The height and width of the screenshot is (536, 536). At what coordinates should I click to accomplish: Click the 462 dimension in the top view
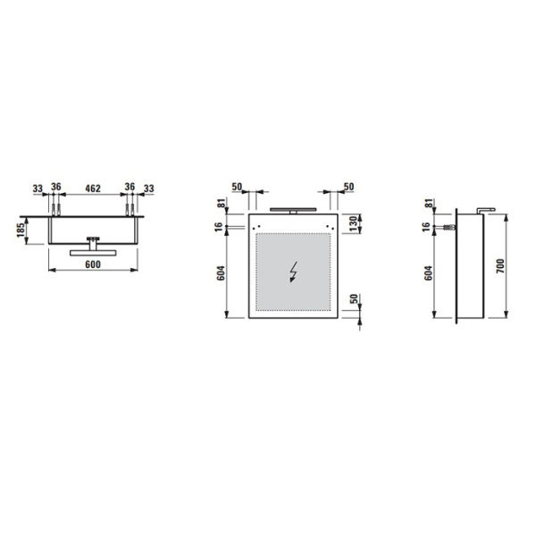point(93,188)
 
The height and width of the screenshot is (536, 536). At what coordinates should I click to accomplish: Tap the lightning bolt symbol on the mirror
point(294,271)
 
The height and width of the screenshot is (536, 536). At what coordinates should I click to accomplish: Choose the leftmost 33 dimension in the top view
point(38,188)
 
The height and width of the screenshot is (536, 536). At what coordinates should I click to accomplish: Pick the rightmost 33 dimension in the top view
point(148,188)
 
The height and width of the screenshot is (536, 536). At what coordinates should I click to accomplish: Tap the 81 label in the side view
point(429,204)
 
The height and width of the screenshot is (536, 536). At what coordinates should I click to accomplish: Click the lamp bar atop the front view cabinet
point(293,210)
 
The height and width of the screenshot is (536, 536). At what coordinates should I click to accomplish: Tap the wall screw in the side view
point(444,228)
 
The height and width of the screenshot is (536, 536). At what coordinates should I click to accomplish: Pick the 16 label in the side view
point(429,228)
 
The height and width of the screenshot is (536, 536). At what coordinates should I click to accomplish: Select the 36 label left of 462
point(55,188)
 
